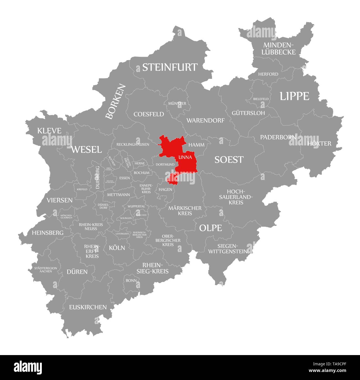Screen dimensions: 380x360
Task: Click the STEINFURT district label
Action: point(170,67)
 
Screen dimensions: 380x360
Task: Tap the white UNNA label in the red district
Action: point(185,157)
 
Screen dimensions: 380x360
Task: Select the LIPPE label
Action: point(294,96)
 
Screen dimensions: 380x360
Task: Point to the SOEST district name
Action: point(229,160)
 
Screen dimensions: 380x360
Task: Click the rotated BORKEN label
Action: point(115,102)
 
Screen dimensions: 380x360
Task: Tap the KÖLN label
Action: point(117,248)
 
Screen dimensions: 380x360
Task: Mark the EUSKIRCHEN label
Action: point(88,307)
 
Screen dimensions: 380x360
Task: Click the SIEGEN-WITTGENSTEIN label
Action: point(228,249)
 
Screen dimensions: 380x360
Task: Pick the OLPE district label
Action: point(210,228)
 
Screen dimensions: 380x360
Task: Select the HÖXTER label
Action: point(319,143)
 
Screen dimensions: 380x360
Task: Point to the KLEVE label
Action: point(49,131)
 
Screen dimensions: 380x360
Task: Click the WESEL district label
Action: point(86,150)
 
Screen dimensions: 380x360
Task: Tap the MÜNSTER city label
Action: point(177,103)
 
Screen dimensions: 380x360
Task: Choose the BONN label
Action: point(131,280)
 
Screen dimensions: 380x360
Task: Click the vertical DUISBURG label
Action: point(97,178)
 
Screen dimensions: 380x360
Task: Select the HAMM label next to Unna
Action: point(196,145)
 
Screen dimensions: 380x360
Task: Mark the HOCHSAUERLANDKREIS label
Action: point(236,197)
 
